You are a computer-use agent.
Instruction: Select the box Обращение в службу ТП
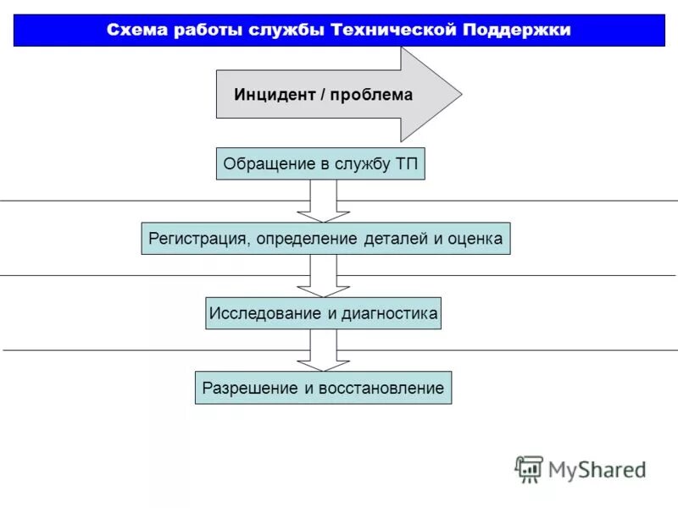click(x=320, y=163)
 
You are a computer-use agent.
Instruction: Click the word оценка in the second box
click(x=475, y=239)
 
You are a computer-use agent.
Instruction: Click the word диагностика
click(x=390, y=314)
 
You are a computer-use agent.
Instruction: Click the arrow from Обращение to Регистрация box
click(x=323, y=202)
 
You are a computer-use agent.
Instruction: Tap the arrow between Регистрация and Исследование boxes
click(x=323, y=276)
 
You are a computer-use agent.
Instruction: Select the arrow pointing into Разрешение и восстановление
click(x=323, y=351)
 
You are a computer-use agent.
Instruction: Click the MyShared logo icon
click(x=530, y=469)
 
